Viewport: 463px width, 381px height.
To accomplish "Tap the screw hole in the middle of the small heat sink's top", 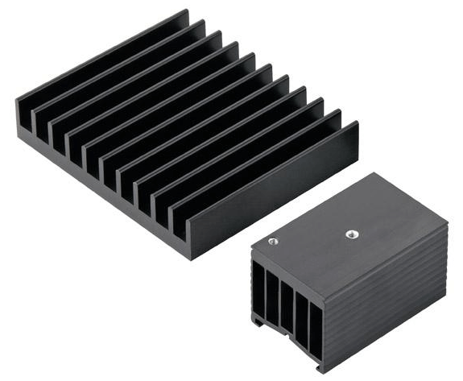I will pyautogui.click(x=350, y=234).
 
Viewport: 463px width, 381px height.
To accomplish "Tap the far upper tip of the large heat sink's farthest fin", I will pyautogui.click(x=187, y=10).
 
